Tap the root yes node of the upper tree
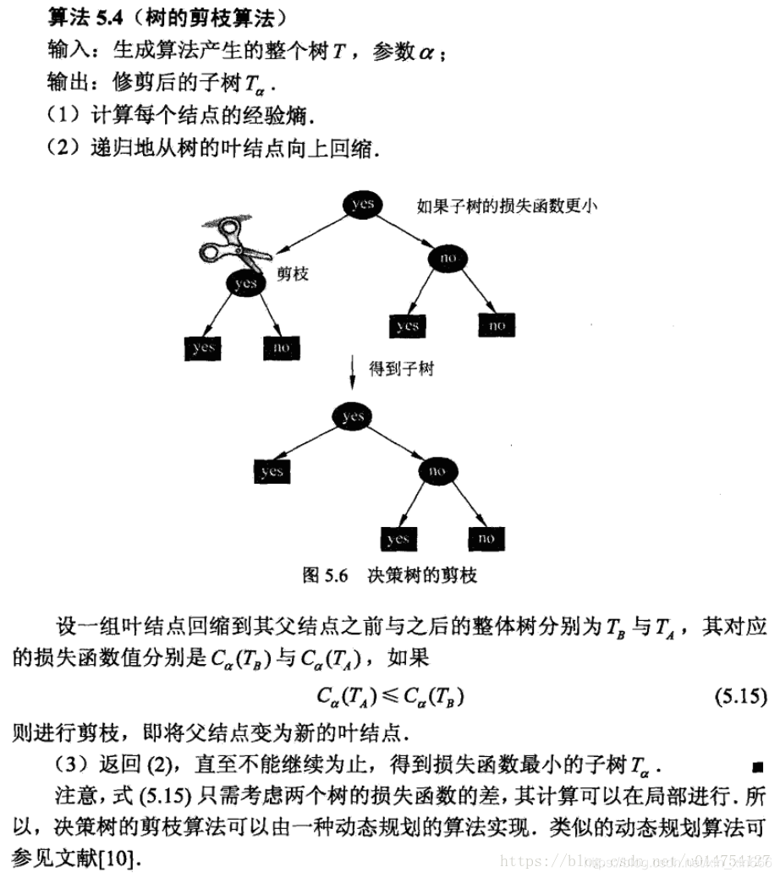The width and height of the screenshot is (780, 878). [362, 205]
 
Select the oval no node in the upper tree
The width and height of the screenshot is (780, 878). [447, 256]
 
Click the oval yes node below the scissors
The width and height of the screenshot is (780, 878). [244, 283]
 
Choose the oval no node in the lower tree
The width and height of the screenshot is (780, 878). [437, 470]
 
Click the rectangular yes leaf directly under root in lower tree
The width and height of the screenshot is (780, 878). [272, 471]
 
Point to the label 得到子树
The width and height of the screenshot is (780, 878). [401, 370]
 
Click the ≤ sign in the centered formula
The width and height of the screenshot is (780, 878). [390, 697]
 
